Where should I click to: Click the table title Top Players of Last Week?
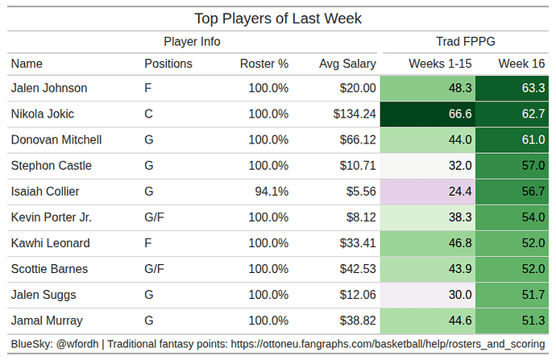pyautogui.click(x=278, y=18)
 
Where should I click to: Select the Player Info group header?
pyautogui.click(x=192, y=42)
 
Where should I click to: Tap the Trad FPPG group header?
pyautogui.click(x=465, y=42)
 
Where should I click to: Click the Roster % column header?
pyautogui.click(x=263, y=64)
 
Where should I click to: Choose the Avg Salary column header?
pyautogui.click(x=346, y=64)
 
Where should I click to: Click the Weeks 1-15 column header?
pyautogui.click(x=440, y=64)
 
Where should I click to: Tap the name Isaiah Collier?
pyautogui.click(x=45, y=192)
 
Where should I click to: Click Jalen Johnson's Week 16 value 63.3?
pyautogui.click(x=533, y=89)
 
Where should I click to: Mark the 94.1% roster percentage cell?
pyautogui.click(x=271, y=192)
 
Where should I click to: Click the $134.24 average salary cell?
pyautogui.click(x=355, y=114)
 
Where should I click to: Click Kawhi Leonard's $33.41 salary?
pyautogui.click(x=359, y=243)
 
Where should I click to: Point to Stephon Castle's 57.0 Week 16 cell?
pyautogui.click(x=533, y=166)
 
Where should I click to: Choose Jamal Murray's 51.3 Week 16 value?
pyautogui.click(x=533, y=321)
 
